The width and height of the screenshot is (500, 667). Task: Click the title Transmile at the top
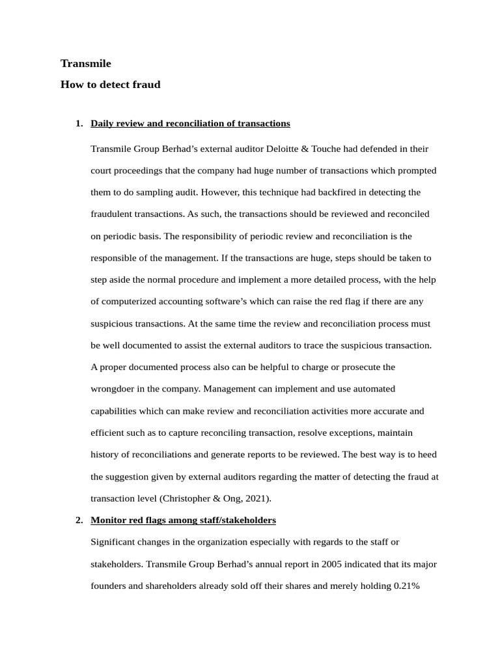(x=86, y=63)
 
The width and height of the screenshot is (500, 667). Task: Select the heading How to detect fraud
(x=110, y=85)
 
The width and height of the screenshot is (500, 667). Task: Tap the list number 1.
(x=79, y=123)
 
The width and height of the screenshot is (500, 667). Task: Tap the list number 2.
(x=79, y=520)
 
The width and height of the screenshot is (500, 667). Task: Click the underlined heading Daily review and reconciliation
(x=190, y=123)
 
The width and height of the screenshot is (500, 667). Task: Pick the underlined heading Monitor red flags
(x=183, y=520)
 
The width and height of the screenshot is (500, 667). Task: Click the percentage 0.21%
(x=407, y=586)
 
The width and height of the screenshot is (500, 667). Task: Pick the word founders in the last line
(x=108, y=586)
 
